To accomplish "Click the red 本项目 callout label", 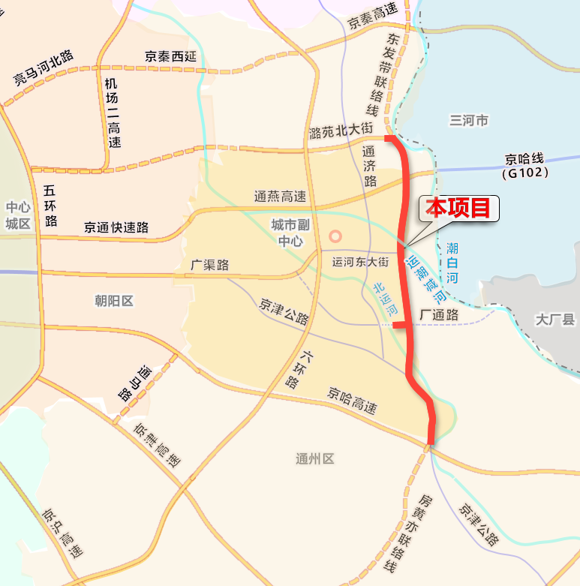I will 458,208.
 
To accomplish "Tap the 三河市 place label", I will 469,120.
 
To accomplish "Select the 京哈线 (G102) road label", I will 527,166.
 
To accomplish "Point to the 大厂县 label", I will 555,320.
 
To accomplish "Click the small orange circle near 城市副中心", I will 335,236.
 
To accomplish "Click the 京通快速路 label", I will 116,227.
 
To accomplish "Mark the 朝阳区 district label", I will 114,301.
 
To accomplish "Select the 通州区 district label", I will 314,459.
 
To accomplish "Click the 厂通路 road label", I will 440,315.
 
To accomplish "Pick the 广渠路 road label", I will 210,265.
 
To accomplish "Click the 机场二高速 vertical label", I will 113,113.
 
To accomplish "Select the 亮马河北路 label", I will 43,68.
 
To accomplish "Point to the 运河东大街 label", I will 360,262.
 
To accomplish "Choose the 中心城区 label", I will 17,215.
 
